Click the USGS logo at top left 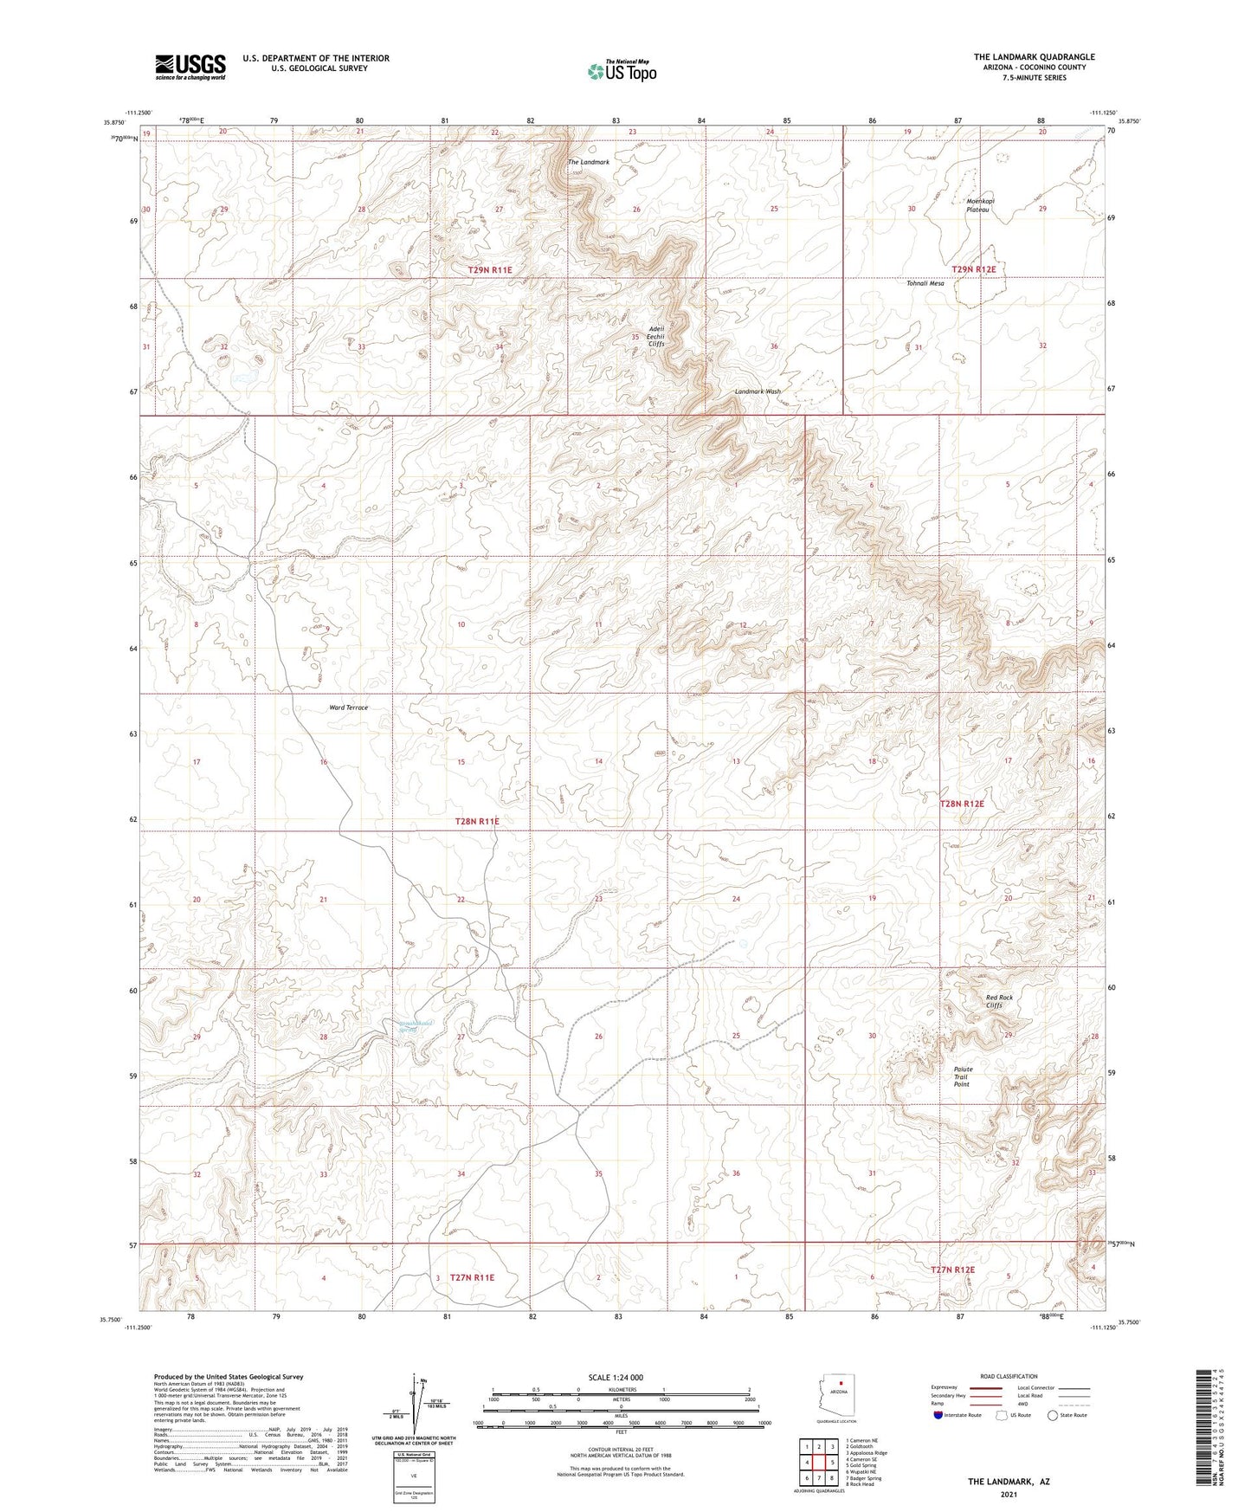[x=190, y=67]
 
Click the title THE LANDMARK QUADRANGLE [x=1034, y=57]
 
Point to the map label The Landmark [x=589, y=162]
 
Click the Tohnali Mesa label [x=925, y=283]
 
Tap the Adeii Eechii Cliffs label [x=657, y=336]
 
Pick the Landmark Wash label [x=758, y=391]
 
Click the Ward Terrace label [x=348, y=708]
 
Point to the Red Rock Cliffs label [x=999, y=1001]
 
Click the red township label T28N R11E [x=478, y=820]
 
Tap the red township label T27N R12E [x=952, y=1270]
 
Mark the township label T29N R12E [x=974, y=269]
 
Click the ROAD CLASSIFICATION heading [x=1009, y=1376]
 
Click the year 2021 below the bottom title [x=1009, y=1495]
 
